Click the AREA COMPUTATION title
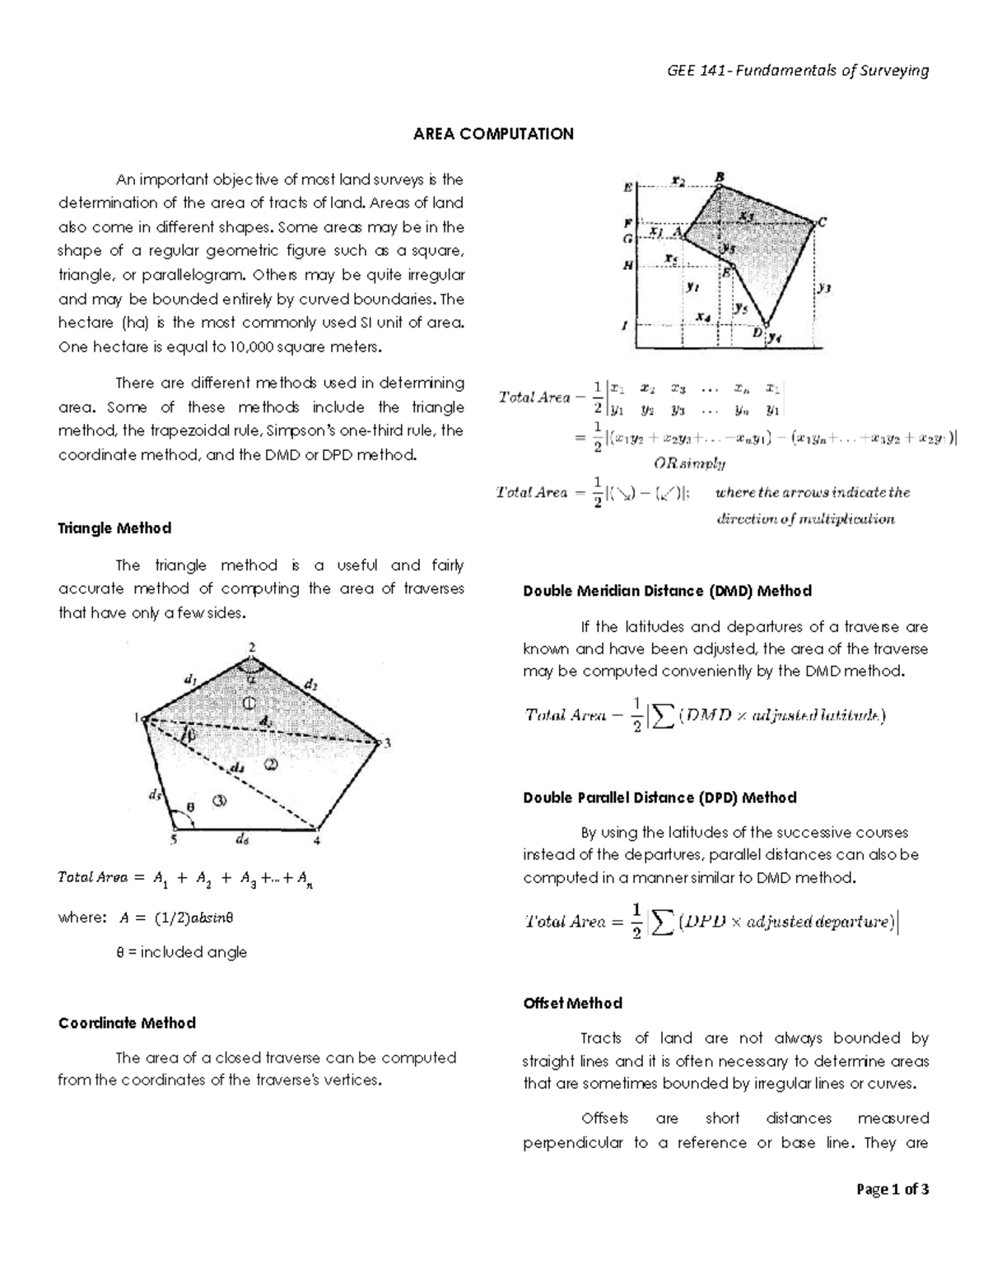[x=493, y=134]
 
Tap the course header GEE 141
[x=796, y=70]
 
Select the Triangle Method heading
[x=114, y=528]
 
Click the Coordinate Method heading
[x=127, y=1023]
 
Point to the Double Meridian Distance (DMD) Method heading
[x=667, y=591]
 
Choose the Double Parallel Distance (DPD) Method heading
[x=659, y=797]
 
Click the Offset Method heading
[x=572, y=1003]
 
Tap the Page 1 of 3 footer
[x=892, y=1188]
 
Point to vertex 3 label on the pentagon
[x=387, y=744]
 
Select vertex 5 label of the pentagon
[x=173, y=840]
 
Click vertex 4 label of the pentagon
[x=316, y=841]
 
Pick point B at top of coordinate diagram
[x=720, y=176]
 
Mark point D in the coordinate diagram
[x=757, y=332]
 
